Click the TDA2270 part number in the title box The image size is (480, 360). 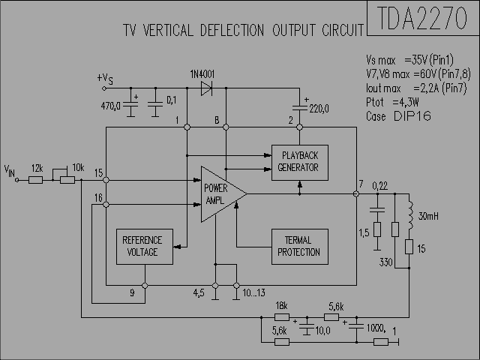tap(422, 18)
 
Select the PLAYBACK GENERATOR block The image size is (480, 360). tap(300, 163)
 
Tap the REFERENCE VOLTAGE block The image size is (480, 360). tap(145, 247)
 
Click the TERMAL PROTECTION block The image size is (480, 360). tap(300, 247)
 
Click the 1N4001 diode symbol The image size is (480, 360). tap(206, 88)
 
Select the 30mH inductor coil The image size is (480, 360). tap(410, 215)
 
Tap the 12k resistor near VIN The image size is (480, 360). tap(35, 180)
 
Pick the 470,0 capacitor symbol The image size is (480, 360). tap(130, 105)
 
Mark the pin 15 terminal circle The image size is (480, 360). tap(106, 180)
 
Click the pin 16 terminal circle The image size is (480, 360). tap(106, 204)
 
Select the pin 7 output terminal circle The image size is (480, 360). tap(356, 193)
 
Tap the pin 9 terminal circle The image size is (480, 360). tap(145, 285)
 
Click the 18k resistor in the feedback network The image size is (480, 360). tap(282, 317)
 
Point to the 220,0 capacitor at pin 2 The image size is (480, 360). tap(300, 107)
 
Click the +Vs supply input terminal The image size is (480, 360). tap(104, 88)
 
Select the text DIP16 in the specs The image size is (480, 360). tap(412, 116)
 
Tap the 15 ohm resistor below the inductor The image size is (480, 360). tap(409, 247)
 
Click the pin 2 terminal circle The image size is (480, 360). tap(300, 127)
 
